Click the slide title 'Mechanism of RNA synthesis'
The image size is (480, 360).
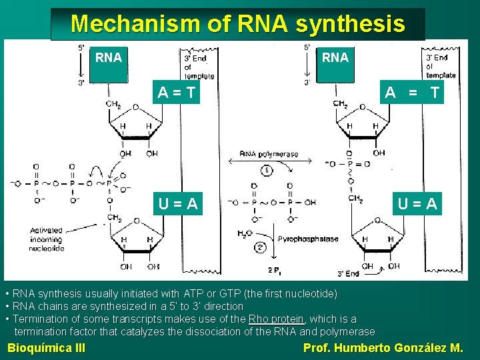[x=237, y=24]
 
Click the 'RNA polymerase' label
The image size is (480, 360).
[x=268, y=154]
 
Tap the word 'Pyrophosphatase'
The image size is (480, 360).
[x=308, y=239]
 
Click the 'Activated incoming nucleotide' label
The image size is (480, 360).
[x=46, y=239]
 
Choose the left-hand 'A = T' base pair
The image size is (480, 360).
[x=177, y=93]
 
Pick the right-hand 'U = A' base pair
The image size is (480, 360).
[x=418, y=203]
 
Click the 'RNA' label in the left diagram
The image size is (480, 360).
[x=109, y=57]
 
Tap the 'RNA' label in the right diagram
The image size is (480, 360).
[x=335, y=57]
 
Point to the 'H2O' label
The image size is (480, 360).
[x=245, y=234]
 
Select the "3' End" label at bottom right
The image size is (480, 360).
[x=349, y=273]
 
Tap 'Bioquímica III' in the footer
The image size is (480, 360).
[x=46, y=347]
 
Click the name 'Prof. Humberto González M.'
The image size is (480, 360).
[x=383, y=347]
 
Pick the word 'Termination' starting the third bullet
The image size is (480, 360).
[x=41, y=319]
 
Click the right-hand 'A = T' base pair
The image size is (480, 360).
[x=412, y=93]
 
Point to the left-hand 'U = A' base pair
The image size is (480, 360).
[x=177, y=203]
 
